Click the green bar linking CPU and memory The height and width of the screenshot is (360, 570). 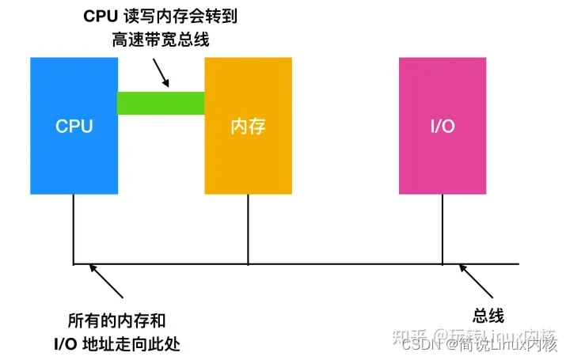(161, 103)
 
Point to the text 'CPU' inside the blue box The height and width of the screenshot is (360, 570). (74, 126)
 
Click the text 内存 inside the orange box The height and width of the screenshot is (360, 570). (249, 126)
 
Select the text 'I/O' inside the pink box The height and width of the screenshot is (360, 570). (442, 126)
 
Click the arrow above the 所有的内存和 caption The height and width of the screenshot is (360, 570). (107, 280)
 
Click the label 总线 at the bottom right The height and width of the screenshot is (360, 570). (488, 316)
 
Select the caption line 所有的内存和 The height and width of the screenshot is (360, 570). (117, 322)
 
